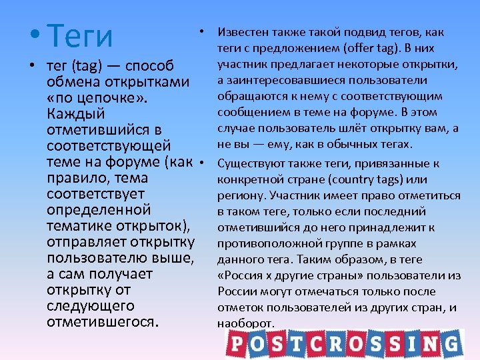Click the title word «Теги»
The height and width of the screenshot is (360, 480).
81,36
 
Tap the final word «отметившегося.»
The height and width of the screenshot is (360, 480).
103,322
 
